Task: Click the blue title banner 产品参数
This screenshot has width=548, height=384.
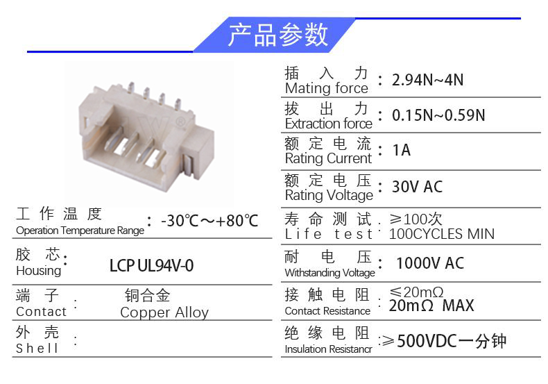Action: tap(275, 35)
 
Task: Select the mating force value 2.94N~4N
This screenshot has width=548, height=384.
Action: tap(427, 80)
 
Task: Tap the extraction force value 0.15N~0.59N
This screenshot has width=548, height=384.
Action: tap(438, 115)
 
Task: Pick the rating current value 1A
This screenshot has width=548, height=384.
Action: tap(401, 150)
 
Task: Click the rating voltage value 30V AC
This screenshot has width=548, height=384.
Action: tap(417, 186)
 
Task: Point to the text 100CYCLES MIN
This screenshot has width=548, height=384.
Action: tap(441, 234)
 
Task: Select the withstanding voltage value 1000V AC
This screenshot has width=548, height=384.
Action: tap(430, 263)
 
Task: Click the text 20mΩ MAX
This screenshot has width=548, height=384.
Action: tap(431, 306)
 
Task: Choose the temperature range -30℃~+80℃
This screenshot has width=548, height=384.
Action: tap(209, 221)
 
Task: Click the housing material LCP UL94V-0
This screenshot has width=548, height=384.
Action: tap(151, 266)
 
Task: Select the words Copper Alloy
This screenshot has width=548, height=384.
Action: tap(164, 312)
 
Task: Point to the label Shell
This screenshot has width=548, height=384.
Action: tap(37, 348)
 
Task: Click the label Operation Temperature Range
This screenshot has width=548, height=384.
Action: tap(80, 231)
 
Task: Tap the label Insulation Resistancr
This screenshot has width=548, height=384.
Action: tap(328, 349)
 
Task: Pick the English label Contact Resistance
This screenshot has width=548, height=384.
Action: tap(327, 311)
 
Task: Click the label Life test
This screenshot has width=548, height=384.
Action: tap(329, 234)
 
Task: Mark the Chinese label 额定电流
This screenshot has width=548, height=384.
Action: tap(327, 144)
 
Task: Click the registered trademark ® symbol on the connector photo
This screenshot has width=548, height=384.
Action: tap(180, 122)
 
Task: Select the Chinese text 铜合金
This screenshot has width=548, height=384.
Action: tap(148, 296)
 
